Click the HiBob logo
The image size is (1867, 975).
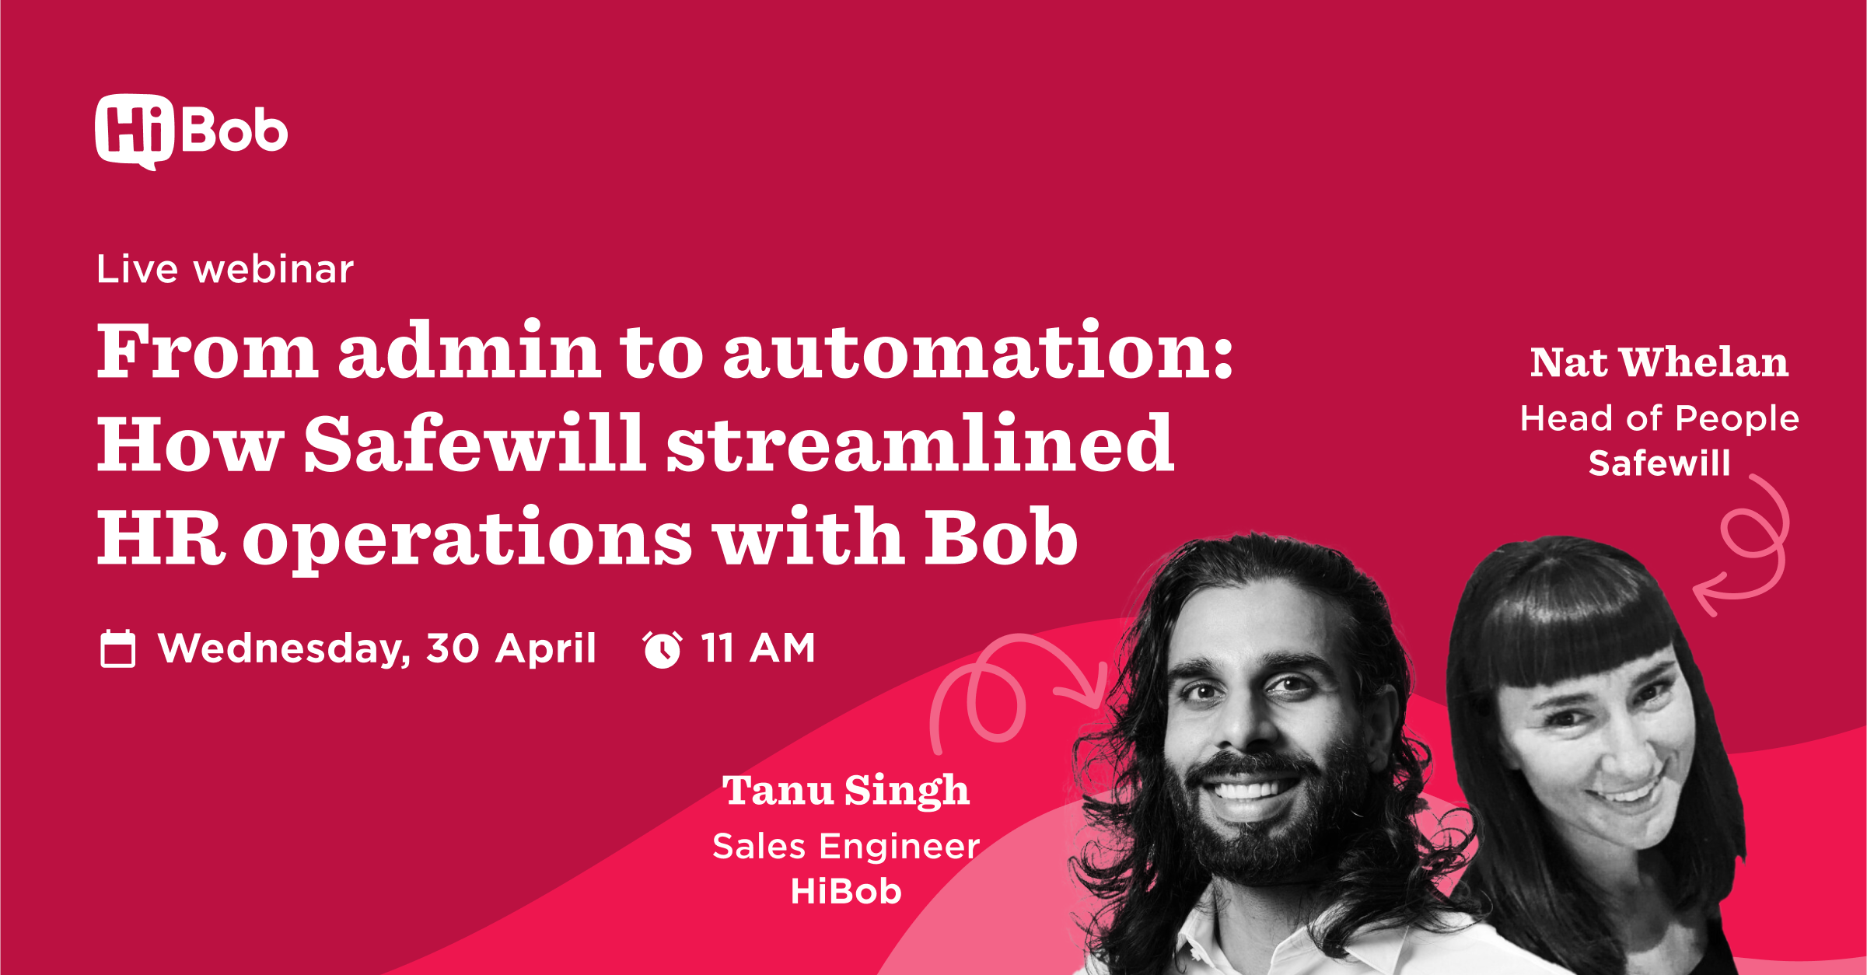pyautogui.click(x=191, y=131)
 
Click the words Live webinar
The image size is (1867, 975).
pyautogui.click(x=225, y=269)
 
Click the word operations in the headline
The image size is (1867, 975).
pyautogui.click(x=467, y=538)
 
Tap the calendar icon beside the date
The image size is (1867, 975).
pyautogui.click(x=118, y=648)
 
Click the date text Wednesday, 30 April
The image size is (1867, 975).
pyautogui.click(x=377, y=648)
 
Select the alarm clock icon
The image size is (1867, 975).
pyautogui.click(x=662, y=649)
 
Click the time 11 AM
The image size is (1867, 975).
pyautogui.click(x=758, y=648)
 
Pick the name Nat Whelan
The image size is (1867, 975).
pyautogui.click(x=1659, y=362)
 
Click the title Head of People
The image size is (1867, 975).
pyautogui.click(x=1659, y=419)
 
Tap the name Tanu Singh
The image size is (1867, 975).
pyautogui.click(x=846, y=791)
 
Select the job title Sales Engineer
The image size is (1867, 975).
pyautogui.click(x=846, y=846)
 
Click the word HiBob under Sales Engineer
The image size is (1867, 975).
pyautogui.click(x=846, y=891)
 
